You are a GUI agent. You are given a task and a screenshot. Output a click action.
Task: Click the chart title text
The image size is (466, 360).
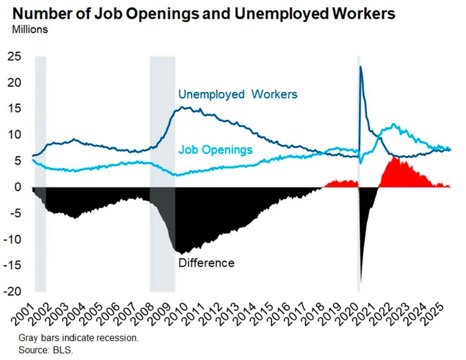click(x=204, y=14)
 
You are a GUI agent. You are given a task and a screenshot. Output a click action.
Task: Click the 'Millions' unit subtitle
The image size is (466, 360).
click(x=30, y=30)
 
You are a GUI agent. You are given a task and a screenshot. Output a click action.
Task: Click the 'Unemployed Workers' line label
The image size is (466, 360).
click(x=238, y=94)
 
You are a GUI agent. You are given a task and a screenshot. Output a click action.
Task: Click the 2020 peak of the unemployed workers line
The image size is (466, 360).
click(x=360, y=67)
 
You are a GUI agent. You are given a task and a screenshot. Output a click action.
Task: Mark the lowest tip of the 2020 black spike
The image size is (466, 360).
click(x=360, y=283)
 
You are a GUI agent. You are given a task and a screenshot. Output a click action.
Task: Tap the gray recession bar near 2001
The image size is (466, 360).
click(x=41, y=137)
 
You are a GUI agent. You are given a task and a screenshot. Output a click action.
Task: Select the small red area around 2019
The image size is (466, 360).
click(x=341, y=184)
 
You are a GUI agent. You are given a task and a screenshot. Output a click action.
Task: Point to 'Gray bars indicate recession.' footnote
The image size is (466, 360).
click(x=78, y=339)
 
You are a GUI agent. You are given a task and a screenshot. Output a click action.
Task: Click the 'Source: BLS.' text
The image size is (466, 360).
click(x=46, y=350)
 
